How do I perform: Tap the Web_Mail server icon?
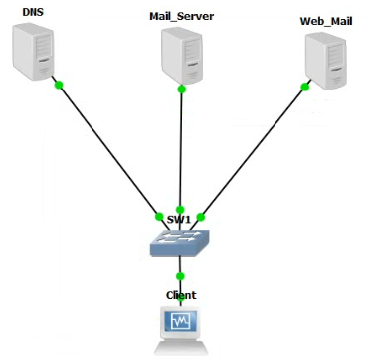[329, 61]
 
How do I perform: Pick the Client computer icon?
[180, 328]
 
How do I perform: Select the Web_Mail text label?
[326, 21]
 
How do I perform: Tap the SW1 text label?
[180, 218]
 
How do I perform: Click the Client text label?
[180, 295]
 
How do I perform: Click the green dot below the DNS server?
[59, 85]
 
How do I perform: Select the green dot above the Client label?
[180, 275]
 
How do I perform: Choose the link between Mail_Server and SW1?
[181, 149]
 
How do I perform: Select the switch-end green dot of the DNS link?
[159, 216]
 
